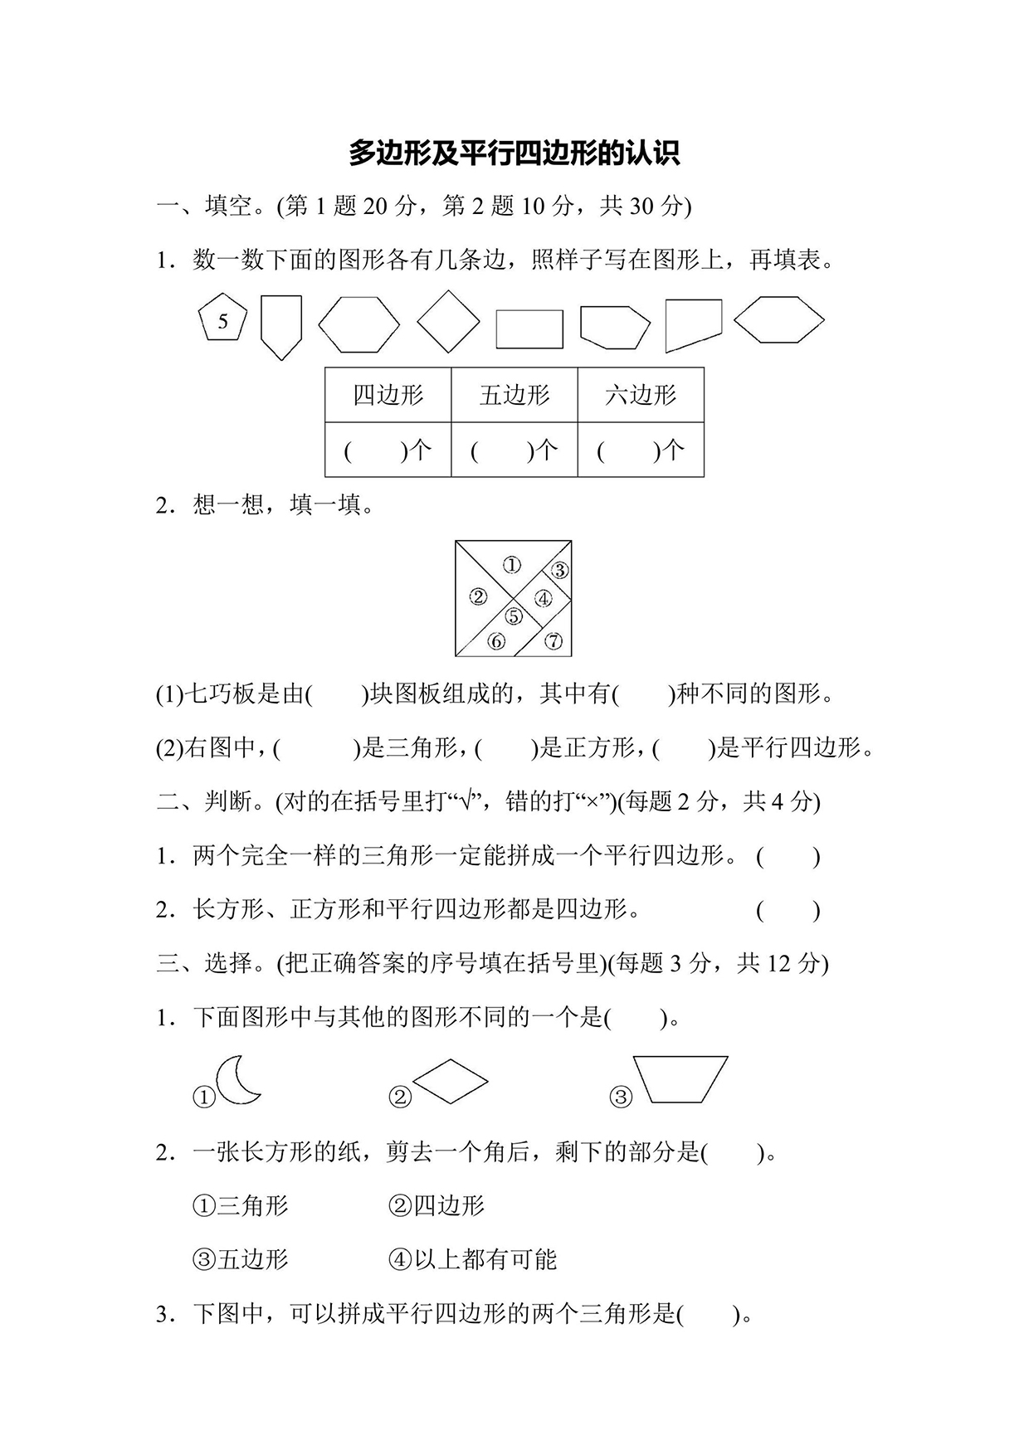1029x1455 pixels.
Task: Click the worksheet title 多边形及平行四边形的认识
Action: [x=514, y=153]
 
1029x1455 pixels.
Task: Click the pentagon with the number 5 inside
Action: [x=222, y=319]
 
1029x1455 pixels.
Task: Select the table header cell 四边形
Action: [x=388, y=395]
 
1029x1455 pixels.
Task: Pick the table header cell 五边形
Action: [x=514, y=395]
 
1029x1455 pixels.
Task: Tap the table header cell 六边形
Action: [x=641, y=395]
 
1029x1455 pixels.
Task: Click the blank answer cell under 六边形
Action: [x=641, y=450]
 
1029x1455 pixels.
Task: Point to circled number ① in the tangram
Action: [x=512, y=565]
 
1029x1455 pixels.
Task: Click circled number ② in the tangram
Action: [x=477, y=596]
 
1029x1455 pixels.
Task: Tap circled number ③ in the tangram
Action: [x=559, y=570]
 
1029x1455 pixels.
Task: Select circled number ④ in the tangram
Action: [x=543, y=597]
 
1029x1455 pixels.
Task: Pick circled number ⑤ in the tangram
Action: [x=514, y=616]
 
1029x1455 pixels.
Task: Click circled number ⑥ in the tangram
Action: [x=496, y=640]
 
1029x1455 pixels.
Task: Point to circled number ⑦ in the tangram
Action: [x=554, y=640]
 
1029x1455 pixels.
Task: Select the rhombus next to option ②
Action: [x=450, y=1081]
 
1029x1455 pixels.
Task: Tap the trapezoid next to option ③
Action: [x=680, y=1078]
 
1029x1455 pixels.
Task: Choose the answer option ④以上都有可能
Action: [x=472, y=1260]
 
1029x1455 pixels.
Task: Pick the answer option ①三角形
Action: [x=241, y=1205]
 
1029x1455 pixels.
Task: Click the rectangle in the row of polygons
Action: [x=529, y=328]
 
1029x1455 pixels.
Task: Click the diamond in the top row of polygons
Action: [x=448, y=321]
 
